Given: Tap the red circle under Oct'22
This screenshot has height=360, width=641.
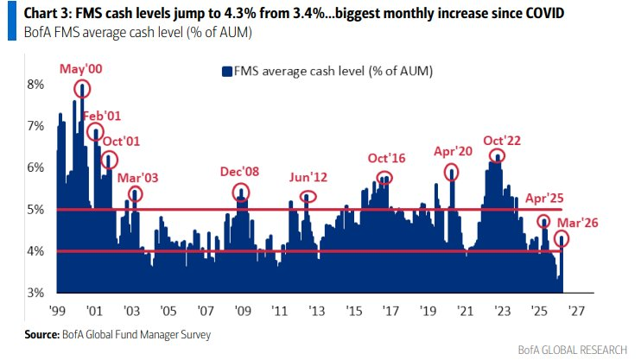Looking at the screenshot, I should (497, 156).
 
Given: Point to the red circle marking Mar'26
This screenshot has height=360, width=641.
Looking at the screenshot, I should (562, 239).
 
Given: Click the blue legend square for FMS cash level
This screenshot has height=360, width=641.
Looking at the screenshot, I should (228, 71).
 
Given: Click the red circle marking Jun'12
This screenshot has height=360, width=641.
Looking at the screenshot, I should (308, 196).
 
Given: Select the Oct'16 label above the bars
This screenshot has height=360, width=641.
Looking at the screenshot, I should (387, 158).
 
